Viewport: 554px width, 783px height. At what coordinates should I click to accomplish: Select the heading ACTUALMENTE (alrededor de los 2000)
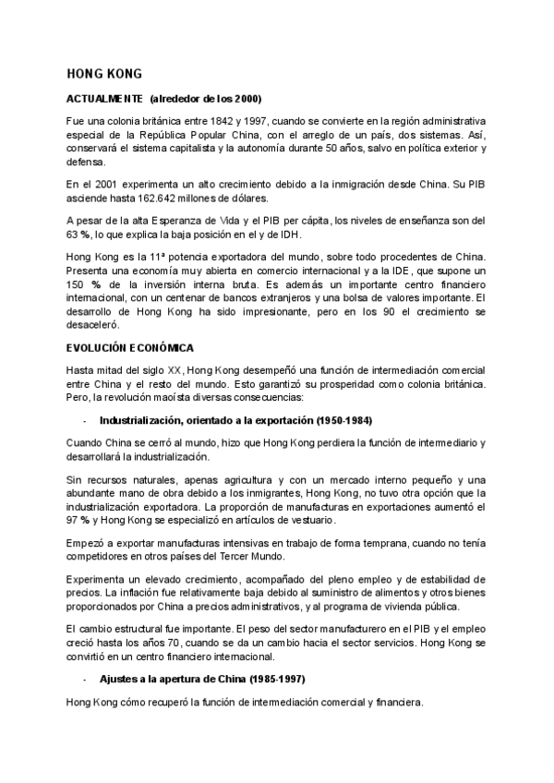pyautogui.click(x=163, y=98)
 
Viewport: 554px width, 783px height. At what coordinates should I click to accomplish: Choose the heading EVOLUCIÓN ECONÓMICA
pyautogui.click(x=130, y=347)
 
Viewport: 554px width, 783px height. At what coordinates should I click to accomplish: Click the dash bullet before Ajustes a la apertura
pyautogui.click(x=84, y=680)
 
